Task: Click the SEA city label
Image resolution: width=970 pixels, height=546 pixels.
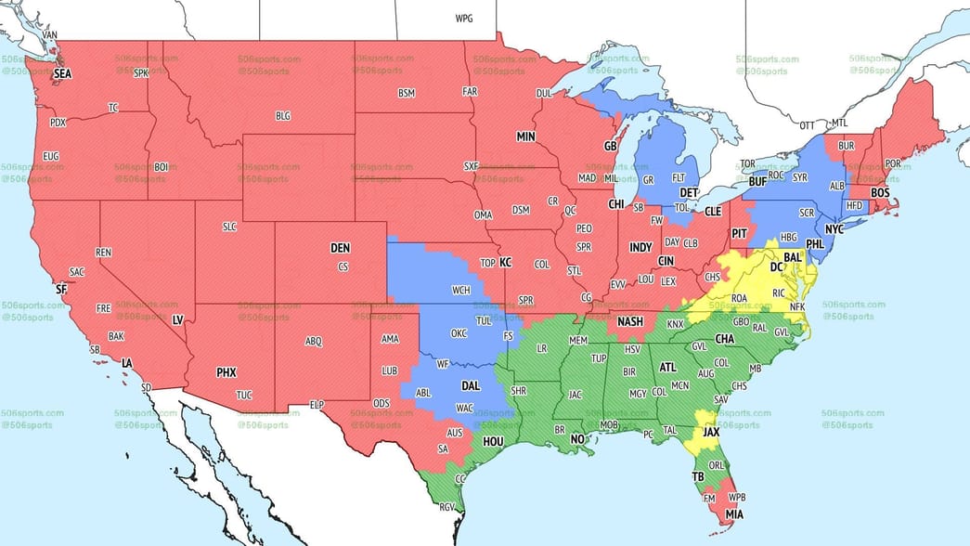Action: [x=62, y=72]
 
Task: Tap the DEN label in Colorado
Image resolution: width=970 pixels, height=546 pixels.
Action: [x=340, y=249]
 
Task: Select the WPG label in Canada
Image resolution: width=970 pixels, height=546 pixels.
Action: [x=463, y=19]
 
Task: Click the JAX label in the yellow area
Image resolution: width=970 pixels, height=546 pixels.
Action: [x=712, y=433]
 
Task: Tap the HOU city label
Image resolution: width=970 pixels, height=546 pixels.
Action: [x=493, y=442]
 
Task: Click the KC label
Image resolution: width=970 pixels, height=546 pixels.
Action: [x=505, y=263]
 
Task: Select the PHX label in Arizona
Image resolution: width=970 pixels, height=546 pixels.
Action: [x=226, y=372]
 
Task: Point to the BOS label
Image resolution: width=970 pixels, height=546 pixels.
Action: [x=880, y=192]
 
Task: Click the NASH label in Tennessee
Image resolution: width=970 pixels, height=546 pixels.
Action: [x=630, y=321]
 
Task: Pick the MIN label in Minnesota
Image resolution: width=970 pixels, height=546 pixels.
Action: [x=526, y=136]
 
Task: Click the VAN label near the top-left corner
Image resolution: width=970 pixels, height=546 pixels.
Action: [x=50, y=35]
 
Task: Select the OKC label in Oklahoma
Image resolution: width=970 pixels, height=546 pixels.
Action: [x=459, y=333]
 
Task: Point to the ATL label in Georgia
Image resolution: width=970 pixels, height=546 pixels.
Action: [x=667, y=368]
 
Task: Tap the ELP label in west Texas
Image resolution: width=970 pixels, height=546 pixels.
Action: [x=317, y=405]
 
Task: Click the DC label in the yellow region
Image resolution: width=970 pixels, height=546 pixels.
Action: [x=777, y=266]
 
